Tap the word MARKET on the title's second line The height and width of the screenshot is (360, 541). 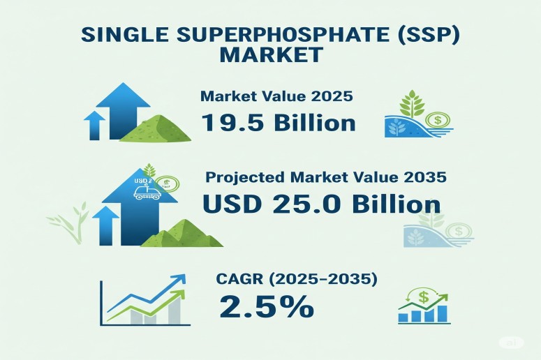pos(271,54)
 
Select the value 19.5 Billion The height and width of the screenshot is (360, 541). pos(278,123)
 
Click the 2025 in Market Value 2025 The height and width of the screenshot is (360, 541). pos(332,96)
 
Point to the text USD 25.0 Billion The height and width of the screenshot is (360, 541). pos(322,204)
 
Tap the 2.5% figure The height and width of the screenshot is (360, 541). pos(267,306)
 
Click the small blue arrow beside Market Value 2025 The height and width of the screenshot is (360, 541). pos(94,125)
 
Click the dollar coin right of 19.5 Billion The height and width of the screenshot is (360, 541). pos(438,120)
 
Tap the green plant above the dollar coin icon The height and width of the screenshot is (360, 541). pos(412,103)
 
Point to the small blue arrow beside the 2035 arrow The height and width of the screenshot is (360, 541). pos(105,225)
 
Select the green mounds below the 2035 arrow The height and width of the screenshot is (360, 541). pos(181,234)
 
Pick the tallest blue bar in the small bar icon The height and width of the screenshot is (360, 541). pos(443,313)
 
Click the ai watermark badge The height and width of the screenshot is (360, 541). pos(511,343)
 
